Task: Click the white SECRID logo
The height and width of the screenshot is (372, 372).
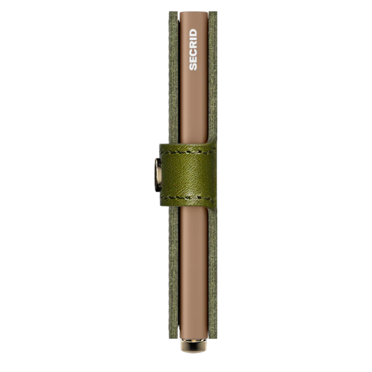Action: click(x=193, y=50)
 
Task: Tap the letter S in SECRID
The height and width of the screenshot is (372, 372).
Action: click(x=193, y=67)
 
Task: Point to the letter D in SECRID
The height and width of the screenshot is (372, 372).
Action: click(x=193, y=32)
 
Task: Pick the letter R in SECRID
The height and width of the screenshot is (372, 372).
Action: click(x=193, y=44)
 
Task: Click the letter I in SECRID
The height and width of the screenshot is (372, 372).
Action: click(x=193, y=38)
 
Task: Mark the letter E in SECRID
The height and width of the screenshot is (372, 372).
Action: click(x=193, y=60)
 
